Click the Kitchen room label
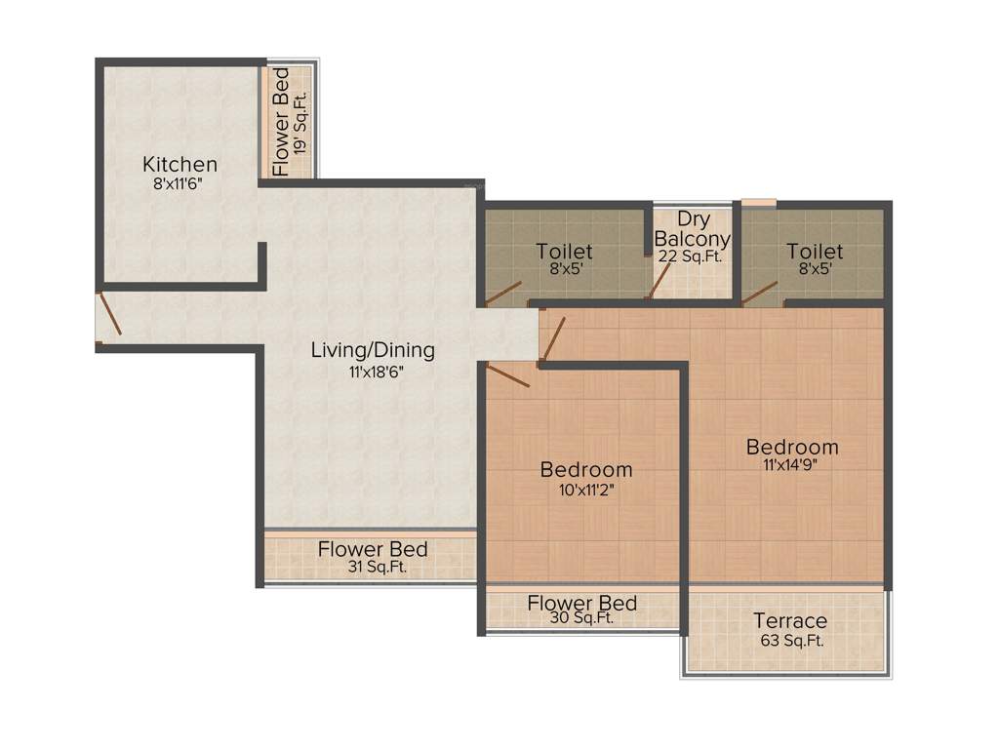[x=180, y=164]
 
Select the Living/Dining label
[x=373, y=350]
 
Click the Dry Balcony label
[x=692, y=229]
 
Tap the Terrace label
[x=790, y=621]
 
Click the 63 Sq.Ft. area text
[x=790, y=641]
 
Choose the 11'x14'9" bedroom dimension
[x=792, y=465]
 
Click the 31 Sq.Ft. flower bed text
[x=373, y=567]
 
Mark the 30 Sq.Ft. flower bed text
[x=582, y=618]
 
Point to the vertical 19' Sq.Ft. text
[x=301, y=123]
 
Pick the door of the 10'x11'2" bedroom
[x=508, y=374]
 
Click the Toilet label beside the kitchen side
[x=564, y=253]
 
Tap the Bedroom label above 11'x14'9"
[x=792, y=447]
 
